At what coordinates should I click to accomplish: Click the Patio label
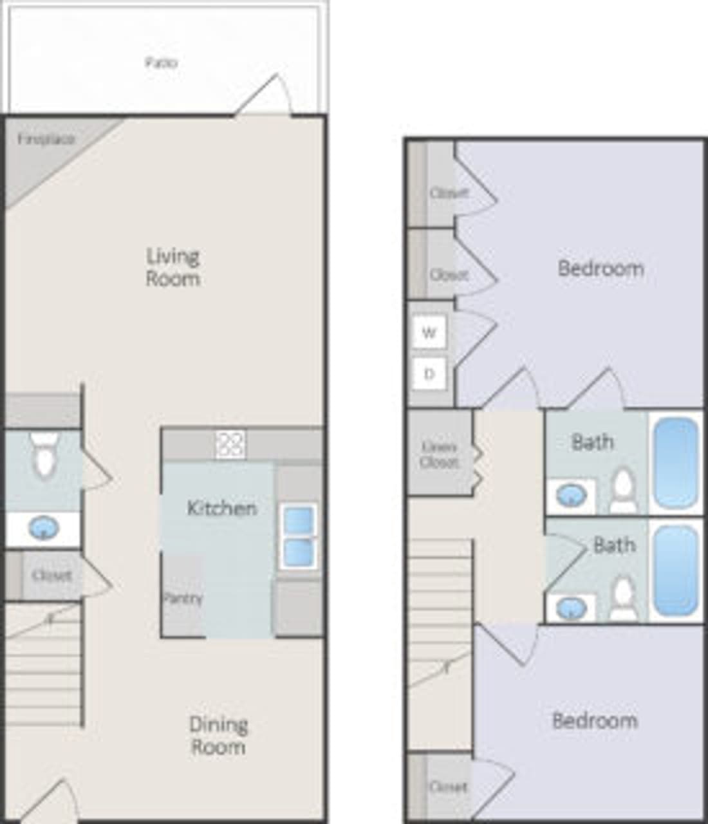(161, 63)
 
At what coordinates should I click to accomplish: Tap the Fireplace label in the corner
(46, 139)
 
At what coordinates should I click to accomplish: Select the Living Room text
(172, 267)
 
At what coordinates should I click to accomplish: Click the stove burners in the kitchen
(230, 444)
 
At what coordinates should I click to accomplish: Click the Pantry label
(183, 598)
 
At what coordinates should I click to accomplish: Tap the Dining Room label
(218, 736)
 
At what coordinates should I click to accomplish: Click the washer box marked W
(429, 333)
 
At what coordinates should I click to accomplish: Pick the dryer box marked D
(429, 374)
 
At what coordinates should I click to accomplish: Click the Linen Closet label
(440, 454)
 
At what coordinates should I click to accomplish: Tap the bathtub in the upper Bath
(676, 462)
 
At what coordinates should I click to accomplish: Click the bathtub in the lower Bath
(676, 570)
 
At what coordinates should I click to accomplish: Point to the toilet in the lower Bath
(623, 599)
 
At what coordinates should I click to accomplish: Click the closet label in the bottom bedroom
(448, 787)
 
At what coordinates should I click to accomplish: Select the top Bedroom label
(601, 268)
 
